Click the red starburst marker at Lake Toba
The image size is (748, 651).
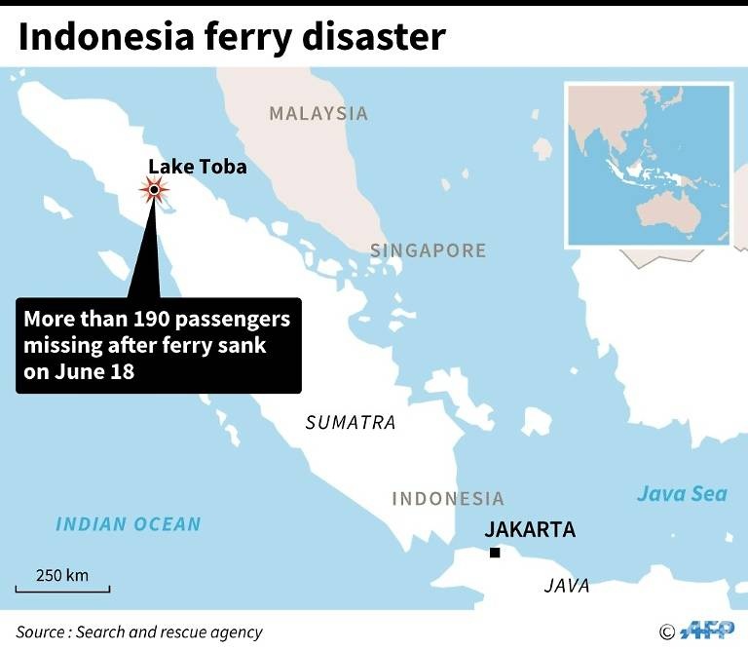tap(154, 189)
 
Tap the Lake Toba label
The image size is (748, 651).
tap(197, 167)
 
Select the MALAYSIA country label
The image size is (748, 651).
tap(318, 114)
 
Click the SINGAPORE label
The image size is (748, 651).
tap(428, 250)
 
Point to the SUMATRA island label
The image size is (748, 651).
tap(351, 423)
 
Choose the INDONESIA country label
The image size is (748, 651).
tap(448, 499)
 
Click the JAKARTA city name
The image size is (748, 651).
tap(530, 530)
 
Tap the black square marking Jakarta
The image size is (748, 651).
tap(495, 554)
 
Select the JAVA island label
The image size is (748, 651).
tap(566, 586)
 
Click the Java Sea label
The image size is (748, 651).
tap(682, 494)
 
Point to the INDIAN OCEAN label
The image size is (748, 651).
tap(128, 524)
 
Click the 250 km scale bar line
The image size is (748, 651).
tap(62, 590)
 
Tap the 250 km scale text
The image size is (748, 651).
tap(62, 575)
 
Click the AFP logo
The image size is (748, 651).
tap(708, 631)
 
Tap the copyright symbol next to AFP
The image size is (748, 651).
tap(667, 632)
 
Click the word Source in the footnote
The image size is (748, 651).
tap(39, 632)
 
